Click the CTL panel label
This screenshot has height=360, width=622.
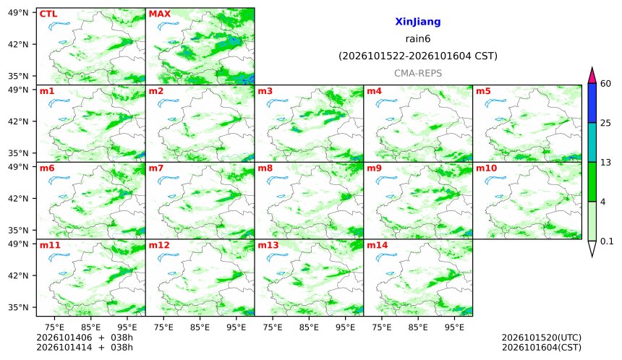[x=48, y=14]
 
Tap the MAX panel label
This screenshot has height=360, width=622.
[x=159, y=14]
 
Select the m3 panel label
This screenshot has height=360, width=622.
[x=265, y=91]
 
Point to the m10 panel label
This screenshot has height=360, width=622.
[x=486, y=168]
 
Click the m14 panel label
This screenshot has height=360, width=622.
[x=378, y=245]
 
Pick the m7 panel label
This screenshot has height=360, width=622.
[x=156, y=168]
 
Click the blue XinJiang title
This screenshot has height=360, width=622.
[x=418, y=22]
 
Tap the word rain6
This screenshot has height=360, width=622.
[x=418, y=39]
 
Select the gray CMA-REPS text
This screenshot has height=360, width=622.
[x=418, y=73]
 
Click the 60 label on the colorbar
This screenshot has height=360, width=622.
[x=605, y=84]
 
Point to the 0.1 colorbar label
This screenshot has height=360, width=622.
[x=607, y=241]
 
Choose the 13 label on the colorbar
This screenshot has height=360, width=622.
[x=605, y=163]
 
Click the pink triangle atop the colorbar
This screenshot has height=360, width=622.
[x=592, y=76]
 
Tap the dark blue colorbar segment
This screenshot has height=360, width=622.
[x=592, y=103]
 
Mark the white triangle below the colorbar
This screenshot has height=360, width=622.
[x=592, y=249]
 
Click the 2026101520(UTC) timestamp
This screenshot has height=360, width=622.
[x=542, y=338]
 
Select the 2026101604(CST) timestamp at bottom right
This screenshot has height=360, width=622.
[x=542, y=348]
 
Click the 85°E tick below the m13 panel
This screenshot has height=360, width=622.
[x=309, y=327]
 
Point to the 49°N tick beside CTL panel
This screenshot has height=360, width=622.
[x=18, y=13]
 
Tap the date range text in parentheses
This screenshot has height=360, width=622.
[x=418, y=56]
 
